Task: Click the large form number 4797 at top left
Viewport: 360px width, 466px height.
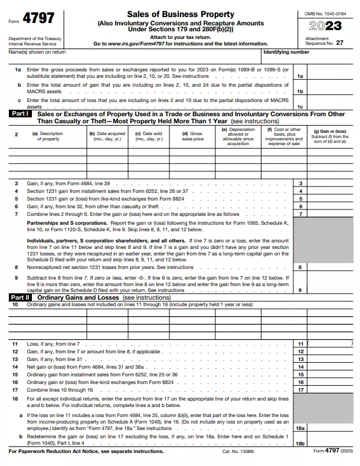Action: (x=40, y=19)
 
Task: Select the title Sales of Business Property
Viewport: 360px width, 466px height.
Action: (x=180, y=13)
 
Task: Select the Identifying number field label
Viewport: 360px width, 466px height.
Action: (x=286, y=52)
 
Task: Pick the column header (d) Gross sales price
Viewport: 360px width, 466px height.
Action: (x=192, y=136)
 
